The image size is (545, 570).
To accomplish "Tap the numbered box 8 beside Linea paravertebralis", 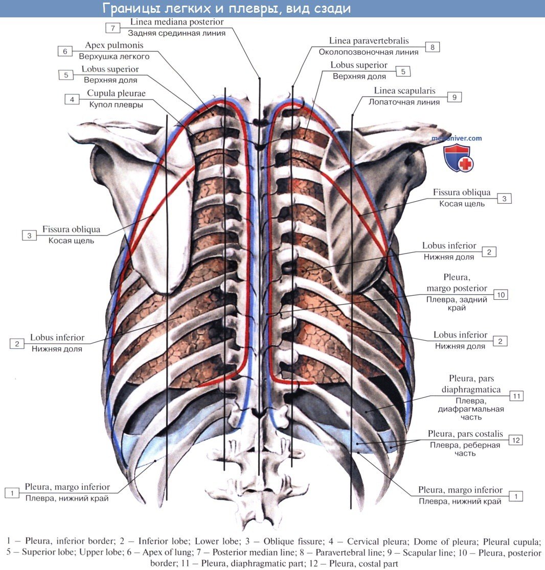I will pos(432,47).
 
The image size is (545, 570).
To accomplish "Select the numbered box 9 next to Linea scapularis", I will pos(454,96).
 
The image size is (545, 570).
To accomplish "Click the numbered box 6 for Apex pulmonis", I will pos(65,51).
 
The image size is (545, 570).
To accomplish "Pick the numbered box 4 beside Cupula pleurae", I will pos(72,99).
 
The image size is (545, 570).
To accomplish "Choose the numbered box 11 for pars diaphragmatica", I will pos(517,395).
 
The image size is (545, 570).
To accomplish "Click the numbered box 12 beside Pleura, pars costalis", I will pos(516,440).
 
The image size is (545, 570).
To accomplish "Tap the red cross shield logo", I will pos(459,158).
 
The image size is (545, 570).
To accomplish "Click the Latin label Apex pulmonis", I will pos(114,45).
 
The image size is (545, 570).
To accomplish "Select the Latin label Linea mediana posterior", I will pos(177,22).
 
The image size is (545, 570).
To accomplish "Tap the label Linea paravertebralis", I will pos(369,41).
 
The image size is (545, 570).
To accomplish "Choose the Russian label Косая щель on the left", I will pos(72,240).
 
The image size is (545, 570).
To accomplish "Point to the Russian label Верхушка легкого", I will pos(114,56).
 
